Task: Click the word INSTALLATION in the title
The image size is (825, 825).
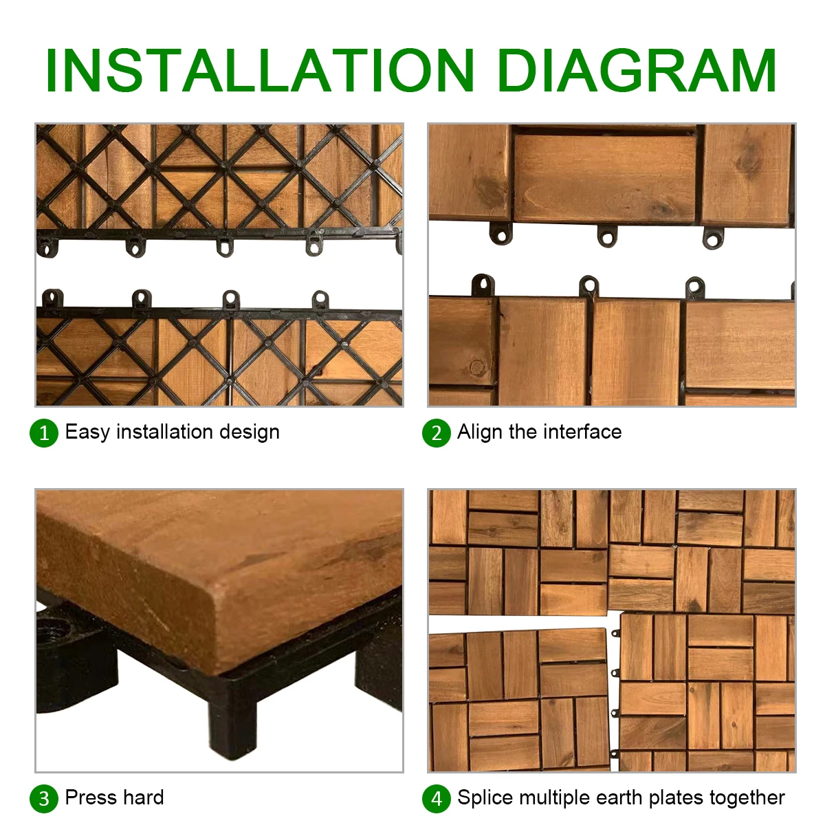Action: (260, 71)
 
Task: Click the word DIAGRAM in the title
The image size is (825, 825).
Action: (637, 71)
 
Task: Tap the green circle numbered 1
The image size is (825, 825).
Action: (44, 433)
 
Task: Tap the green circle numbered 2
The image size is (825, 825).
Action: (437, 433)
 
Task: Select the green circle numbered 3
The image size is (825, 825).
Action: (44, 798)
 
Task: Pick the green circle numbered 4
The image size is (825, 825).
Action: (437, 798)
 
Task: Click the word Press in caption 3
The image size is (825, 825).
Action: (90, 797)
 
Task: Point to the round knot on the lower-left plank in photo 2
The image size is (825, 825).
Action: (477, 367)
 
